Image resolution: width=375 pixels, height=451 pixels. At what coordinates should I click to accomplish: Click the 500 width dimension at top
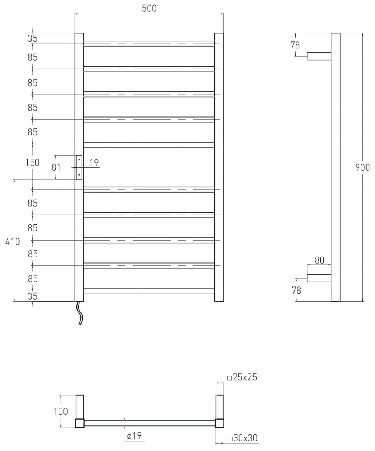point(149,9)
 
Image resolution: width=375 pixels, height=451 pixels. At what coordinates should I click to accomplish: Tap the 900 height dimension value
point(362,167)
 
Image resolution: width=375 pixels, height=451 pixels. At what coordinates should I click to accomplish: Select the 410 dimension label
point(13,242)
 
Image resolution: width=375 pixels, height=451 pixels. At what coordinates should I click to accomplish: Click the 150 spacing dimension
point(32,163)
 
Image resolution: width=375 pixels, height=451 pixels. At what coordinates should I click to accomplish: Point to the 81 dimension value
point(56,167)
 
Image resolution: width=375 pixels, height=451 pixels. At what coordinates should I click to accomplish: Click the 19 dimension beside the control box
point(94,163)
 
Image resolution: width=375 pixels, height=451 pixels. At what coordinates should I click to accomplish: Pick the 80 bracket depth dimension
point(319,260)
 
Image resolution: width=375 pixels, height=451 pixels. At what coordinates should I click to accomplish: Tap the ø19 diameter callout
point(134,436)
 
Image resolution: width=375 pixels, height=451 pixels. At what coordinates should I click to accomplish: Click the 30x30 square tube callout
point(242,438)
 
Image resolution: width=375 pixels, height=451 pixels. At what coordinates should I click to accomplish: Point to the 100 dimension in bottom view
point(61,411)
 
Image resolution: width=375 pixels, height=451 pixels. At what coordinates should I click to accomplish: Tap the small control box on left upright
point(79,167)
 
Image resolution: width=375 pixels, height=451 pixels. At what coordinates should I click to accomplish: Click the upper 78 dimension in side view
point(295,45)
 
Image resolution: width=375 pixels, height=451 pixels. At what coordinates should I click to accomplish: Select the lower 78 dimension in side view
point(296,291)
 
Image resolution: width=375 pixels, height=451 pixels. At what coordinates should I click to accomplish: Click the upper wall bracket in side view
point(319,56)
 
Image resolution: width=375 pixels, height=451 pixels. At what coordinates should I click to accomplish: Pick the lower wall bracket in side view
point(319,278)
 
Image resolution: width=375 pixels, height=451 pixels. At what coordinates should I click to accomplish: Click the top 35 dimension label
point(32,39)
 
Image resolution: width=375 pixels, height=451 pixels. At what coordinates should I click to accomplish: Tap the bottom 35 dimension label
point(32,296)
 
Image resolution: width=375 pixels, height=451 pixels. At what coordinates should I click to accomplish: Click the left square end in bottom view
point(80,423)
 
